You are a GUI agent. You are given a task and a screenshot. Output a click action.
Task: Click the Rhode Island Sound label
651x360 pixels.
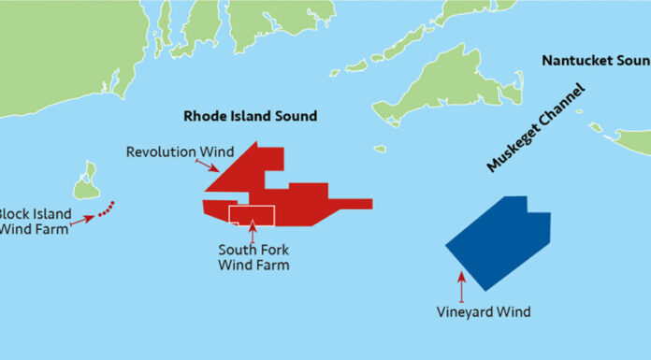[249, 116]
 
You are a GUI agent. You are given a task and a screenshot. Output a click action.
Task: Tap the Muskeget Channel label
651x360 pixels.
[536, 127]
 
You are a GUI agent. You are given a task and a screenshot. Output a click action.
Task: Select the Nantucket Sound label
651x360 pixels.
[596, 61]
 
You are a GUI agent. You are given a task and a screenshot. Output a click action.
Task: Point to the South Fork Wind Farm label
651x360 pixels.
[253, 257]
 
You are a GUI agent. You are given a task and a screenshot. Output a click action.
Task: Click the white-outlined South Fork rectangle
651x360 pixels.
[252, 215]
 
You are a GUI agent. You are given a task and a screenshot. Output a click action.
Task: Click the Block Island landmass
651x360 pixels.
[87, 182]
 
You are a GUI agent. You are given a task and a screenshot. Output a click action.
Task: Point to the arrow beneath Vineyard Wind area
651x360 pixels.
[461, 286]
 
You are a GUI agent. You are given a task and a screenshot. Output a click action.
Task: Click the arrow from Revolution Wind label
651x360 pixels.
[208, 166]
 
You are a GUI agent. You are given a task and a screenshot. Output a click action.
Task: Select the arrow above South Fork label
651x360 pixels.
[252, 232]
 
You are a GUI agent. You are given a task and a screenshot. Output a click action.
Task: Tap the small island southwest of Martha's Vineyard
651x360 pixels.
[379, 148]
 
